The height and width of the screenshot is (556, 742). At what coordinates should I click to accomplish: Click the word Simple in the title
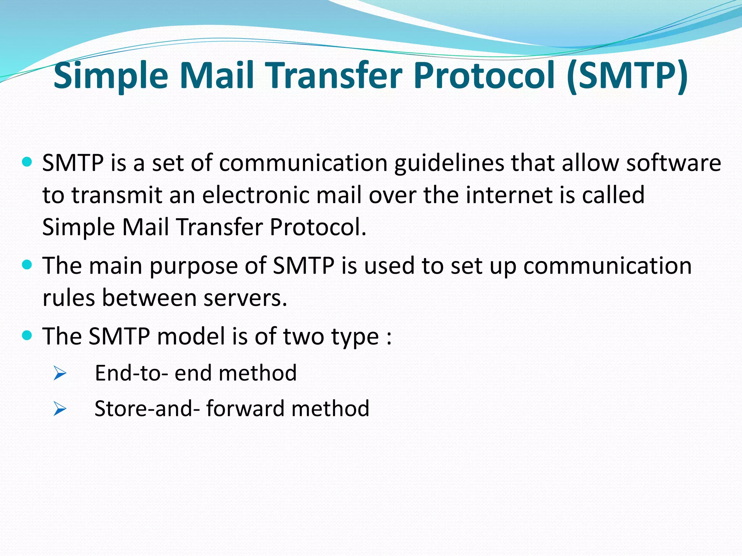(x=111, y=76)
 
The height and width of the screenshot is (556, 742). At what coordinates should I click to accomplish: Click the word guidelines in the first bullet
(x=449, y=163)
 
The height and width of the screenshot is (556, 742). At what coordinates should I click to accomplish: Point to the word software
(x=674, y=163)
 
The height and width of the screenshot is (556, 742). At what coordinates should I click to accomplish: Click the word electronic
(x=256, y=195)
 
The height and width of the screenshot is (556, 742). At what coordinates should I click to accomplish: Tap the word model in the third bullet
(x=191, y=336)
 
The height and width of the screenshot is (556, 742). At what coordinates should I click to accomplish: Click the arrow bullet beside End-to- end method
(x=60, y=373)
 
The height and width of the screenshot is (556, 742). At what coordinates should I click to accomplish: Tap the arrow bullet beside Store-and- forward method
(x=60, y=409)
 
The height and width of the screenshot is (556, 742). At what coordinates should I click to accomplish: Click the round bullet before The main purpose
(x=27, y=265)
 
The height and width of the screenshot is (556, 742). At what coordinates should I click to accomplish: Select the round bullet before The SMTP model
(x=27, y=335)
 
